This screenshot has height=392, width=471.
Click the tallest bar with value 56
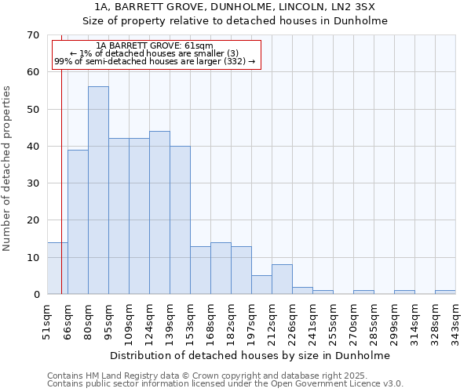98,191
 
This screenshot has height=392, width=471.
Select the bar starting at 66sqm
78,222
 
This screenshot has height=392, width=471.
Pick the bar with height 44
159,212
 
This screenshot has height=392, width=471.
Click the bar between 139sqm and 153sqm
180,220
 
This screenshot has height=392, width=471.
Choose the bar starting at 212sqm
282,279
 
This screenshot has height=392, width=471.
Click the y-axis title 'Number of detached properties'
8,169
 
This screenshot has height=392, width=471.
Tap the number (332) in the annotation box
234,61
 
